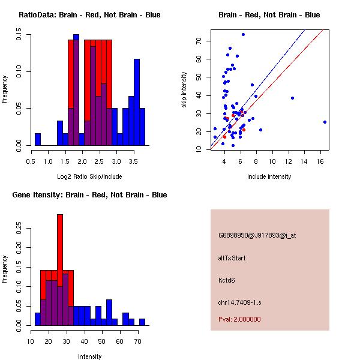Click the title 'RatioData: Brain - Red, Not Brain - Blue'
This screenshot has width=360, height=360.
click(89, 15)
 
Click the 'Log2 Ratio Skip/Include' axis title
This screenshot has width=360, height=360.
click(89, 176)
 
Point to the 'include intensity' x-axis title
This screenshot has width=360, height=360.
click(269, 176)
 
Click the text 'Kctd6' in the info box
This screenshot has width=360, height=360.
click(227, 280)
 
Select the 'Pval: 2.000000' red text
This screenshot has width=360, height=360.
click(239, 319)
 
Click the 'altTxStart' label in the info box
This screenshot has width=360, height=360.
click(232, 258)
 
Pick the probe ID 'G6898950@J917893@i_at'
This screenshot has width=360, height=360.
click(257, 235)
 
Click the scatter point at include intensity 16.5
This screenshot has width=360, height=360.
click(325, 122)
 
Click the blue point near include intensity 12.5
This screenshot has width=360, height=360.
click(292, 98)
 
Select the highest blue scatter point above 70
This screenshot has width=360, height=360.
click(243, 34)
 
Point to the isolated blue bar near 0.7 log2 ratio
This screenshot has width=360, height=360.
click(38, 139)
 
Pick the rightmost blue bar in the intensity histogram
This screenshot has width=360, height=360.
click(142, 322)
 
